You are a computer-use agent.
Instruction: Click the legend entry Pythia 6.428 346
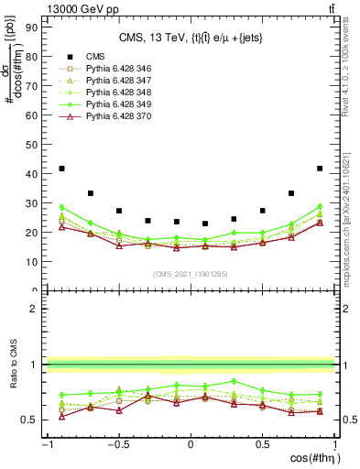(107, 69)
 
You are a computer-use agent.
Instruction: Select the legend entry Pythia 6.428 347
(107, 81)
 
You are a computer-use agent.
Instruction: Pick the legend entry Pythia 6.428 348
(107, 93)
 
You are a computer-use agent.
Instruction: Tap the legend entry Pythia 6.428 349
(107, 104)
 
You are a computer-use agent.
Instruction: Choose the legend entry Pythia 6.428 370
(107, 116)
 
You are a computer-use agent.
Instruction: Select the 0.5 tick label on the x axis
(262, 444)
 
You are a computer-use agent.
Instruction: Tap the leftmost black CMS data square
(61, 169)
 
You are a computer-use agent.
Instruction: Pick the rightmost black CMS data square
(320, 169)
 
